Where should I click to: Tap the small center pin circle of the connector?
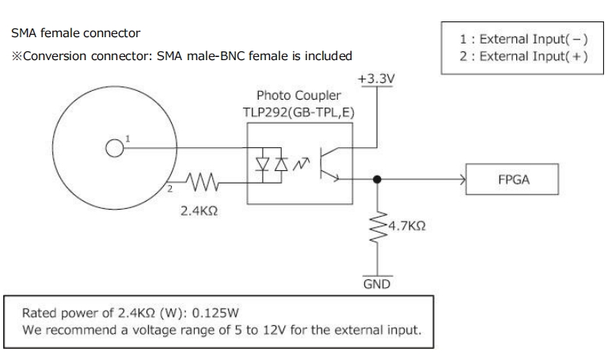pyautogui.click(x=114, y=147)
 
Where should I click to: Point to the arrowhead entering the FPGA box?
pyautogui.click(x=462, y=180)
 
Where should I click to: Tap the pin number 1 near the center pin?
pyautogui.click(x=128, y=138)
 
